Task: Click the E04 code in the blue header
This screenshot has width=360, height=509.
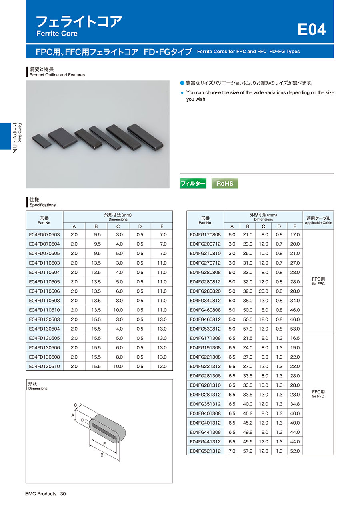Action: coord(312,29)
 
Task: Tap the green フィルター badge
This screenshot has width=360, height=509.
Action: coord(193,183)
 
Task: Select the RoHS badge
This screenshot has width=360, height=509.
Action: coord(225,183)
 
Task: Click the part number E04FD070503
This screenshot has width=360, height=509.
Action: coord(44,234)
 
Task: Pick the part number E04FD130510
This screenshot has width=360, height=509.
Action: coord(44,366)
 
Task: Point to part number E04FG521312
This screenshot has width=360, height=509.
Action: coord(205,451)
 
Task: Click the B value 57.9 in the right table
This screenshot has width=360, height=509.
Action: coord(248,451)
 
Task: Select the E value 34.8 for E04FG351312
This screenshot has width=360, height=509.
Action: coord(295,404)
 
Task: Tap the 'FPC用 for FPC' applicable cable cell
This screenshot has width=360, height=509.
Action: coord(318,281)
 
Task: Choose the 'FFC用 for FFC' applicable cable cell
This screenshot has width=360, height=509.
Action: coord(318,394)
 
